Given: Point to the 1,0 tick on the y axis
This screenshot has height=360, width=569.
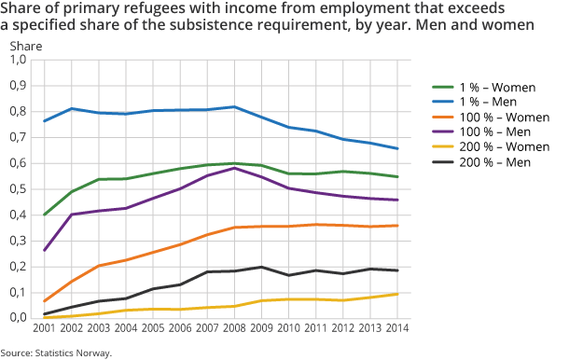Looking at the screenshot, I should coord(18,60).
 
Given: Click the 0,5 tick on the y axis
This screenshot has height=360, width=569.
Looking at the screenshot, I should coord(18,189).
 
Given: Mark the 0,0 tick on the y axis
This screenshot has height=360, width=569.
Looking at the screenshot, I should coord(18,318).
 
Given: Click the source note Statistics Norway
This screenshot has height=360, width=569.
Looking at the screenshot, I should coord(57,353).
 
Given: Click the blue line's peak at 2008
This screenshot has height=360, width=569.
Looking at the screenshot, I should coord(234,106).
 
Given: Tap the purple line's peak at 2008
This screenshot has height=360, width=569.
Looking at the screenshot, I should coord(234,168).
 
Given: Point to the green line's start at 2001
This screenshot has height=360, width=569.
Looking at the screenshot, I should coord(44,215).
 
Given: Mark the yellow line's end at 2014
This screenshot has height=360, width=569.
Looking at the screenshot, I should coord(397,294).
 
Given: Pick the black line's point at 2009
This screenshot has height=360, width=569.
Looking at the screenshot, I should coord(261,267).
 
